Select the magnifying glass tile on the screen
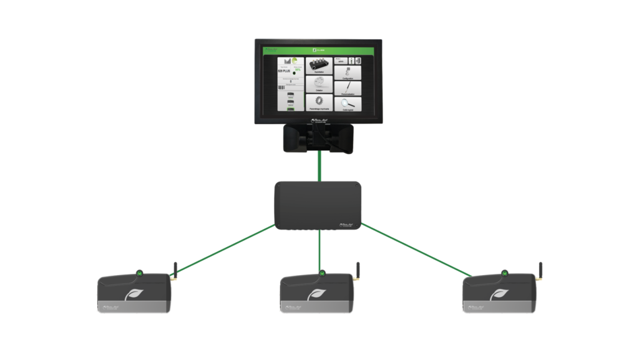click(x=348, y=103)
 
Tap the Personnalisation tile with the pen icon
click(x=348, y=87)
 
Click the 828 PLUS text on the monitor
click(x=284, y=72)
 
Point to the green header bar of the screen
click(x=319, y=49)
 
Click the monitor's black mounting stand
click(x=319, y=139)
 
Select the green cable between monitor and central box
click(x=319, y=166)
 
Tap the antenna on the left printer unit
click(x=174, y=270)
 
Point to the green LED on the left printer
click(x=139, y=273)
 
